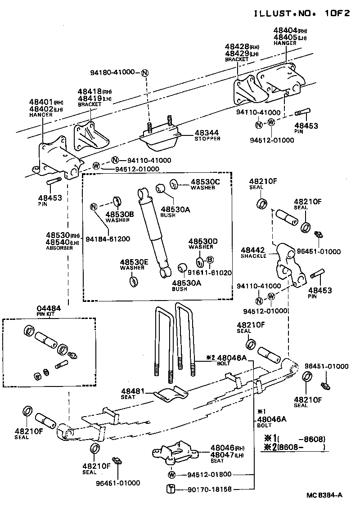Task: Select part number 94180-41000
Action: (x=112, y=72)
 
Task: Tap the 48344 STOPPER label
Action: (x=207, y=135)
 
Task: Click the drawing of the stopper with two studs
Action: (x=160, y=137)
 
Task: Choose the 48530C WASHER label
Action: (x=205, y=184)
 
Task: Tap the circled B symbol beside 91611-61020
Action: (x=210, y=260)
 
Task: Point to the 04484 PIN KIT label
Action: (x=48, y=310)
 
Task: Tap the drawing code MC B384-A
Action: (x=324, y=495)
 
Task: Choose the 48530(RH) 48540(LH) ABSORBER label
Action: (x=62, y=241)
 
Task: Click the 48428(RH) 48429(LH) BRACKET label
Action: (x=242, y=53)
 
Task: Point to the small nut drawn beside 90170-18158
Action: (x=171, y=489)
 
